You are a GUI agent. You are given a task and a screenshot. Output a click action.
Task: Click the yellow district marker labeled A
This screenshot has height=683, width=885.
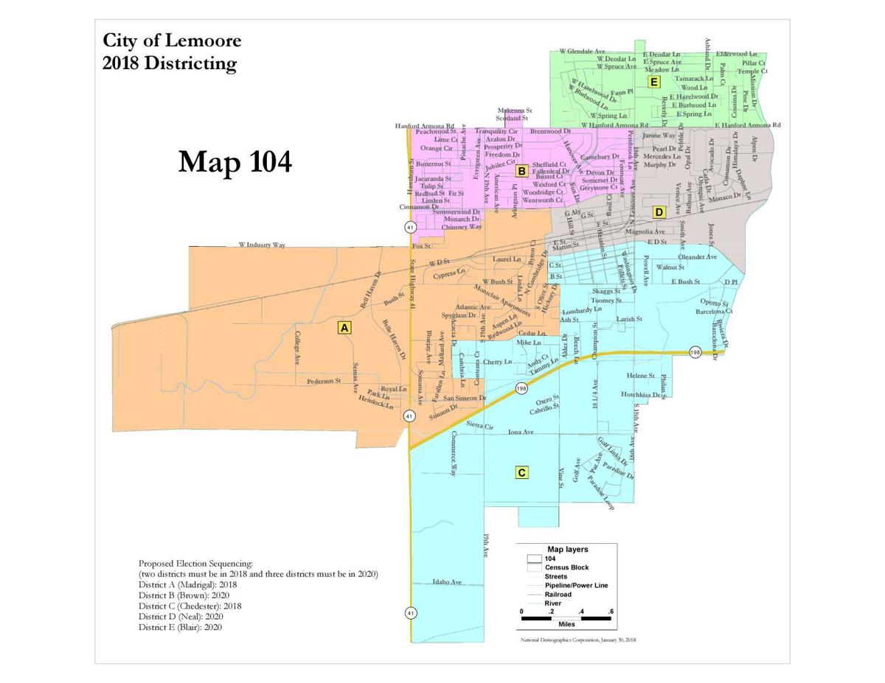point(344,328)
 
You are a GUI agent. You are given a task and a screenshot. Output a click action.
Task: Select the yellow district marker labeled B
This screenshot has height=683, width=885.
point(521,172)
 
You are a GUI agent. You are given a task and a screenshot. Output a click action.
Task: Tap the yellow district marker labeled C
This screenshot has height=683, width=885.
point(521,472)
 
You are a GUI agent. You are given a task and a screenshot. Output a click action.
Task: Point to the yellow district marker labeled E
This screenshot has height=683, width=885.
point(653,82)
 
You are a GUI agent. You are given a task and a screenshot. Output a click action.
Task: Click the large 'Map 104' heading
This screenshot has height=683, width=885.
point(235,161)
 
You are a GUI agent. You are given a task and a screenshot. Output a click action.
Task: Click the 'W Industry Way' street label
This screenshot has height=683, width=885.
point(261,245)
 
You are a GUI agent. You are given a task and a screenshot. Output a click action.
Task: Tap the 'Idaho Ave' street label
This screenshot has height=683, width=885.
point(447,582)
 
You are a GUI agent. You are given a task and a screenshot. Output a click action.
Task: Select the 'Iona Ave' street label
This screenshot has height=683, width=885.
point(521,432)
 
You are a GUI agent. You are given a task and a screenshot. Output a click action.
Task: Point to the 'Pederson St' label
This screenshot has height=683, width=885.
point(324,382)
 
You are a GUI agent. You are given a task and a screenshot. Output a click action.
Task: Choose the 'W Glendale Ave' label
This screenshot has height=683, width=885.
point(583,51)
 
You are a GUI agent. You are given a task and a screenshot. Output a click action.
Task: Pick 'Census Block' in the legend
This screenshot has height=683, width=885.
point(566,567)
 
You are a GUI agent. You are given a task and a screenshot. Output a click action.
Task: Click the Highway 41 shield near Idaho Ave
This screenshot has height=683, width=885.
point(409,612)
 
